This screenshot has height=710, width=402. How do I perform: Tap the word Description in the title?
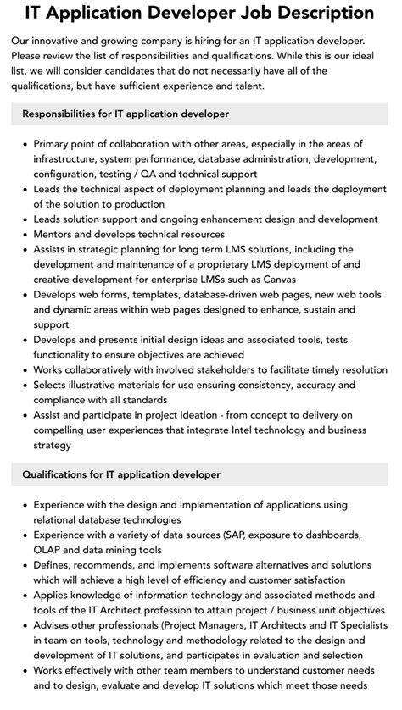point(326,13)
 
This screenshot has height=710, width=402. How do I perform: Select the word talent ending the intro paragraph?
point(262,86)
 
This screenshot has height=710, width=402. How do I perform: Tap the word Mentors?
point(56,235)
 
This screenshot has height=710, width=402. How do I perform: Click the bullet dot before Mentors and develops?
point(25,235)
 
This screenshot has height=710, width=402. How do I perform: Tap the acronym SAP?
point(239,536)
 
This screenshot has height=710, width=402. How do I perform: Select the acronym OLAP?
point(50,551)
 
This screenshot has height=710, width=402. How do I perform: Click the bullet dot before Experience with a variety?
point(25,536)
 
